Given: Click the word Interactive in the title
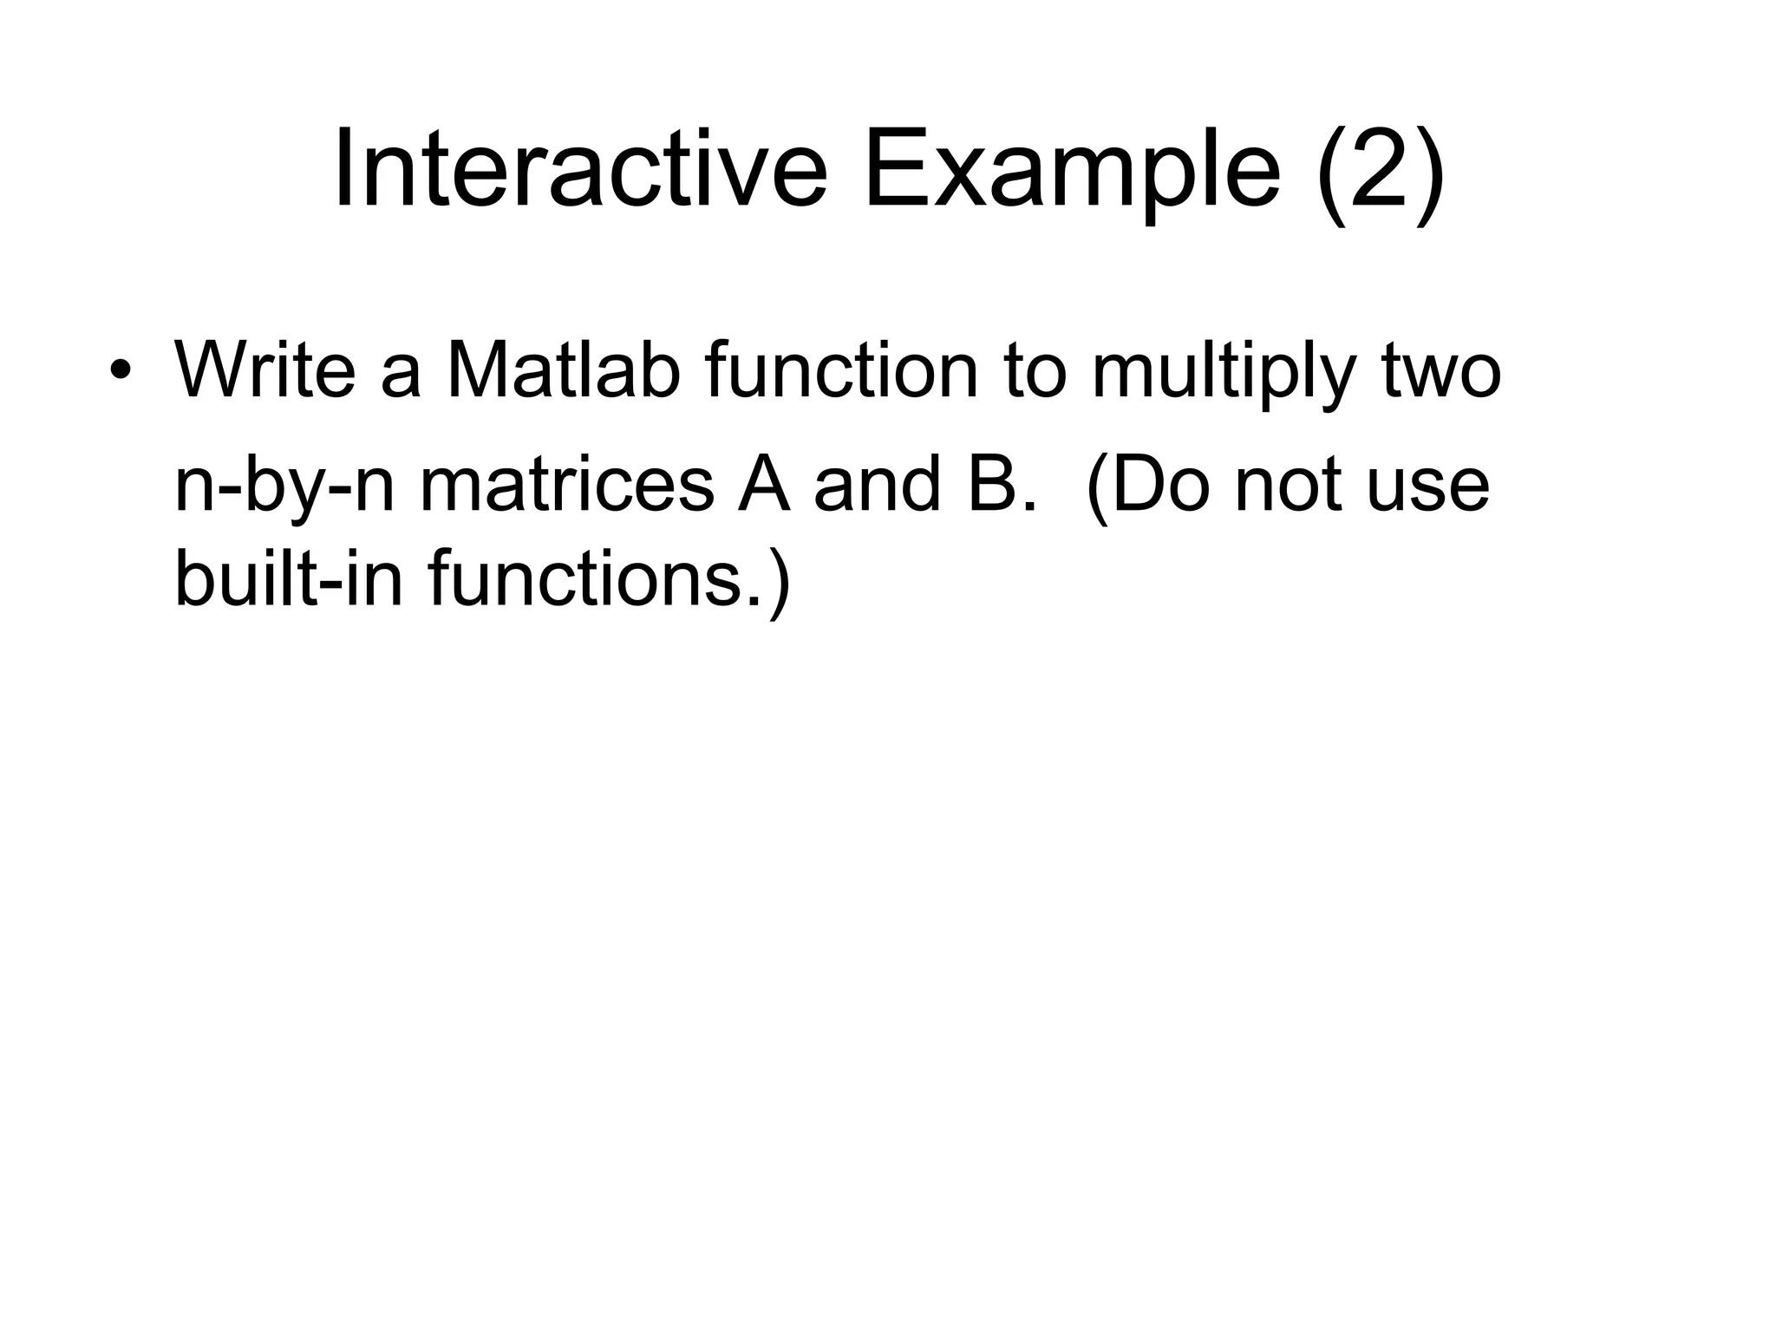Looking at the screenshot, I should point(579,169).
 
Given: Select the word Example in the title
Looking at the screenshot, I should point(1071,169).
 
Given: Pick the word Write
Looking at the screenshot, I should point(264,370).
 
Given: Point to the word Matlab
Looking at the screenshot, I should point(562,370).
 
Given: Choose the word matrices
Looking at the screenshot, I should point(567,486).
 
